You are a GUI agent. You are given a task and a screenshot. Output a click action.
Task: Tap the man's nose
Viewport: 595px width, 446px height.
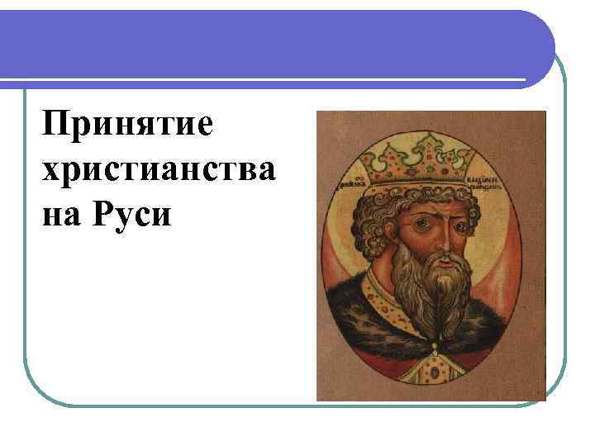pyautogui.click(x=439, y=240)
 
